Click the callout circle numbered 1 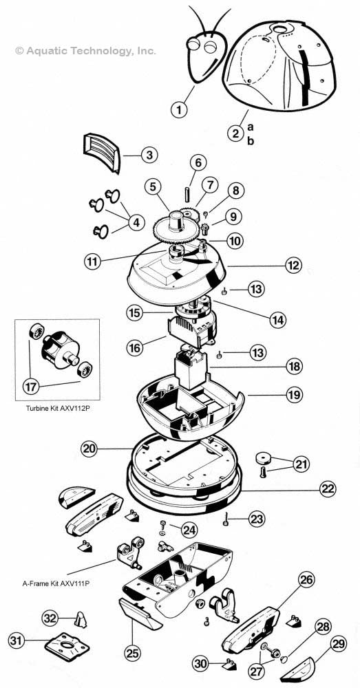point(179,109)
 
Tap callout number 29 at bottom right point(339,645)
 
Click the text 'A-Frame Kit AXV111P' point(58,583)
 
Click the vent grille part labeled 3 point(101,153)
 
